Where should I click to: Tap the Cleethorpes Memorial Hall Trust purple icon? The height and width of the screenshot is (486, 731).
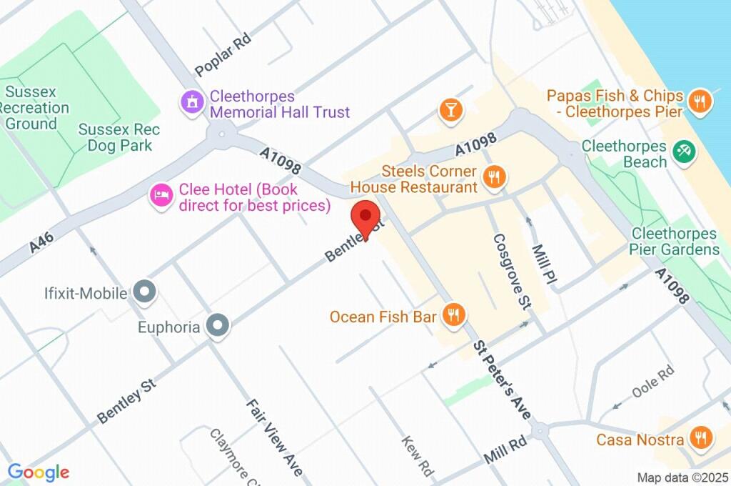(x=191, y=101)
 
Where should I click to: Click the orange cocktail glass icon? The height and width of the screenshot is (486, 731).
(x=451, y=109)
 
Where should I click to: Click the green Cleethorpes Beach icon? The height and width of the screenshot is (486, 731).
(x=684, y=151)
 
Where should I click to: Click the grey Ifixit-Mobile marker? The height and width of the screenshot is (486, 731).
(x=146, y=292)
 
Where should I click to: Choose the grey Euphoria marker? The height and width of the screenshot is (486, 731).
(x=218, y=326)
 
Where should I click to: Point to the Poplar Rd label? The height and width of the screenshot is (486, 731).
(x=224, y=56)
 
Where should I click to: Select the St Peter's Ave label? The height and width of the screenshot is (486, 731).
(x=502, y=379)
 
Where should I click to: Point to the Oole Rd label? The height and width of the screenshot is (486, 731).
(x=652, y=382)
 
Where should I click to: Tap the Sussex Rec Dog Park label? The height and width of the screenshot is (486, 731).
(x=119, y=138)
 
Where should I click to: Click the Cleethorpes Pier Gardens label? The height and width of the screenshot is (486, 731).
(x=674, y=242)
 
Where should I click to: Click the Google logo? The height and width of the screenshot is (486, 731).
(x=38, y=472)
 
